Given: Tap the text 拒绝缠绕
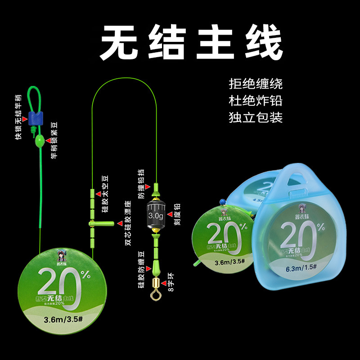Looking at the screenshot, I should [x=255, y=84].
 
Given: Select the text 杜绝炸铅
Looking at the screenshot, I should [x=255, y=100].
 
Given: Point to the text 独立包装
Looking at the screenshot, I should [x=255, y=117].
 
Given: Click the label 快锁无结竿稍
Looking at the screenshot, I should [x=18, y=117].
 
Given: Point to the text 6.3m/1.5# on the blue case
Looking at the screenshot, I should [x=299, y=270].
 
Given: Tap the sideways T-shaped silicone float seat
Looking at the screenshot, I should [x=98, y=223].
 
